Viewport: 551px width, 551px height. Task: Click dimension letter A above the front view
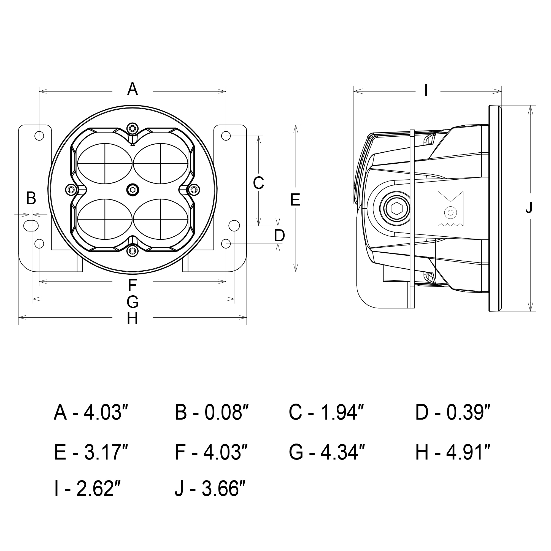pyautogui.click(x=133, y=89)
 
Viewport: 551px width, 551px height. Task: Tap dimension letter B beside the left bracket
pyautogui.click(x=31, y=198)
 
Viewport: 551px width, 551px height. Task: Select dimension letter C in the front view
pyautogui.click(x=258, y=183)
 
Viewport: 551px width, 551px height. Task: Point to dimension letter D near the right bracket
pyautogui.click(x=279, y=236)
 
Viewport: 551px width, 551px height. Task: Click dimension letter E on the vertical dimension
pyautogui.click(x=295, y=200)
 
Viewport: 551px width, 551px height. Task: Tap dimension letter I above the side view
pyautogui.click(x=426, y=91)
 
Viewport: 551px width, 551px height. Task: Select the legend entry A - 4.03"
pyautogui.click(x=91, y=413)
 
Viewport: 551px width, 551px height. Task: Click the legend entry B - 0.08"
pyautogui.click(x=212, y=413)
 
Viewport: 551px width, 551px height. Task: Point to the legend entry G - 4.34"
pyautogui.click(x=327, y=453)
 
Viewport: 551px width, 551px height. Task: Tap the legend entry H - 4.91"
pyautogui.click(x=453, y=453)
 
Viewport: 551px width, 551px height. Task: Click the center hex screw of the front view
pyautogui.click(x=133, y=190)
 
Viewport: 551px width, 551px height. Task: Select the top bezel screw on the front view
pyautogui.click(x=132, y=128)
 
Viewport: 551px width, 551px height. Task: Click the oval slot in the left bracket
pyautogui.click(x=31, y=226)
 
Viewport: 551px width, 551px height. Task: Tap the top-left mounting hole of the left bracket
pyautogui.click(x=39, y=136)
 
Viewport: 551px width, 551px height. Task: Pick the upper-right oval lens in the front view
pyautogui.click(x=161, y=163)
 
